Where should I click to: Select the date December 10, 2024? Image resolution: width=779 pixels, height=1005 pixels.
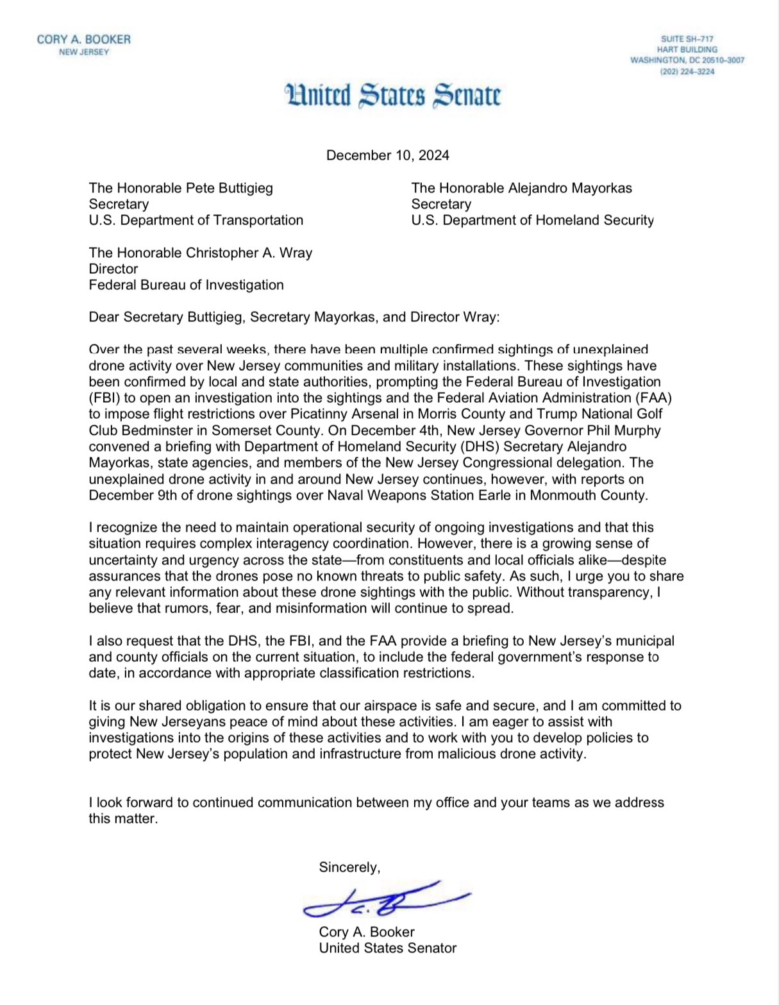[387, 155]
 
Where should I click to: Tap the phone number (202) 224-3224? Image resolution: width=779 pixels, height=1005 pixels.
[687, 72]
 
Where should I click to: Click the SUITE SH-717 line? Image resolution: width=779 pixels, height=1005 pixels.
[687, 39]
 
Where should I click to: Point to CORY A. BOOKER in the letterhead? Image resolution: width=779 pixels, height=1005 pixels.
[83, 39]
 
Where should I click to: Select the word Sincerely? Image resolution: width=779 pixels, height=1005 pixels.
[349, 867]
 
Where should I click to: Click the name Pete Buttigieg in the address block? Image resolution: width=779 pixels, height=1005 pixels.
[229, 188]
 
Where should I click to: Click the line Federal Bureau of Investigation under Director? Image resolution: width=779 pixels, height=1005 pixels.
[186, 285]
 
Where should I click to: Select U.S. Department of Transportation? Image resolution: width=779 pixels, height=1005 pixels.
[196, 220]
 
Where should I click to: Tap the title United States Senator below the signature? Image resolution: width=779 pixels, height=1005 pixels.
[387, 948]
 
